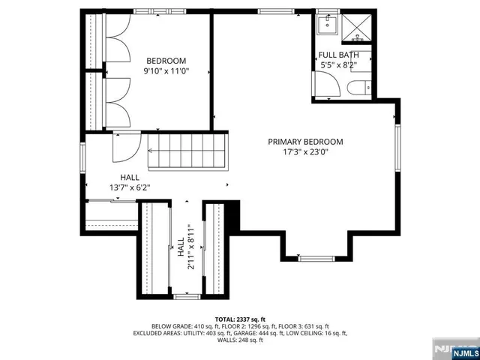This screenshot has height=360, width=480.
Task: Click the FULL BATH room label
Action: (338, 55)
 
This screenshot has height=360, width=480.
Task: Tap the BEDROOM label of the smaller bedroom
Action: (166, 61)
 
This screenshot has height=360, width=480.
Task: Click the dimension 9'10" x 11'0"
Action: (166, 71)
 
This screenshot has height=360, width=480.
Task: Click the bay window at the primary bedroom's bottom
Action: (315, 258)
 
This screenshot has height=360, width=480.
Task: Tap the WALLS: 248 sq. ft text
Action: (240, 340)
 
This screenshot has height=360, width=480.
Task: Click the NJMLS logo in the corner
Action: (454, 349)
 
